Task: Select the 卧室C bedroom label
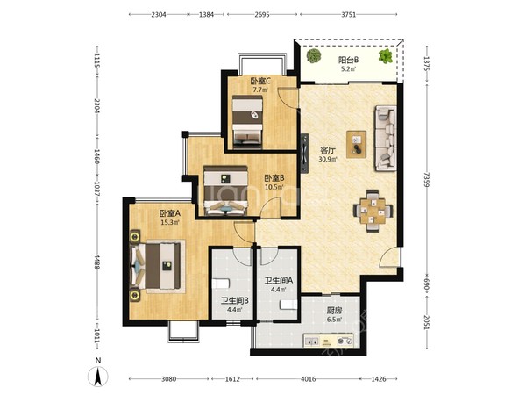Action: coord(260,82)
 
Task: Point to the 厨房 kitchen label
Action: coord(335,311)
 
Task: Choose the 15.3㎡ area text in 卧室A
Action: coord(170,222)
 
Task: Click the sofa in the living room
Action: coord(386,138)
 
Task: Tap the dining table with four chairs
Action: coord(373,212)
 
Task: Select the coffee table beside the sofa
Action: coord(356,144)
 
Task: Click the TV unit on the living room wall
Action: coord(304,153)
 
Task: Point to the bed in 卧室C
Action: coord(247,122)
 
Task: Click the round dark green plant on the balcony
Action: coord(314,56)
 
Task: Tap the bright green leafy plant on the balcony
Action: coord(386,56)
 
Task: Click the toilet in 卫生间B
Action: coord(221,284)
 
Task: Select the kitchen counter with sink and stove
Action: coord(329,341)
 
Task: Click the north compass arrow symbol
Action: coord(97,377)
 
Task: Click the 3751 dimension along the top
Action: coord(348,14)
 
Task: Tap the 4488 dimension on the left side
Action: coord(97,262)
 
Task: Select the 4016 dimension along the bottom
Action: coord(308,379)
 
